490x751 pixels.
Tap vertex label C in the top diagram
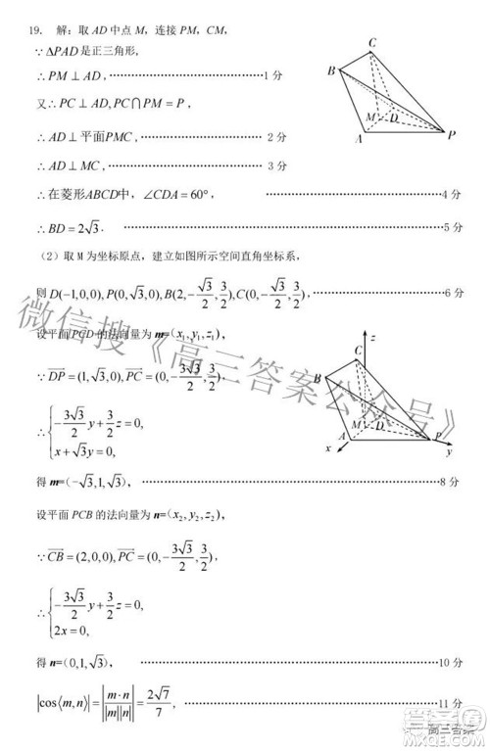pos(373,42)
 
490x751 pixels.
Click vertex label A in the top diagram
pos(360,140)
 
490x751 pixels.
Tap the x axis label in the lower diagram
pos(329,448)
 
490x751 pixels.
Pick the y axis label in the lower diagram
pos(447,453)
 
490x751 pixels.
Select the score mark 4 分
pos(452,195)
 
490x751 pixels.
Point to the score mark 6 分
pos(452,293)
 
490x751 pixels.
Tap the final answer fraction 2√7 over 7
pos(166,701)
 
